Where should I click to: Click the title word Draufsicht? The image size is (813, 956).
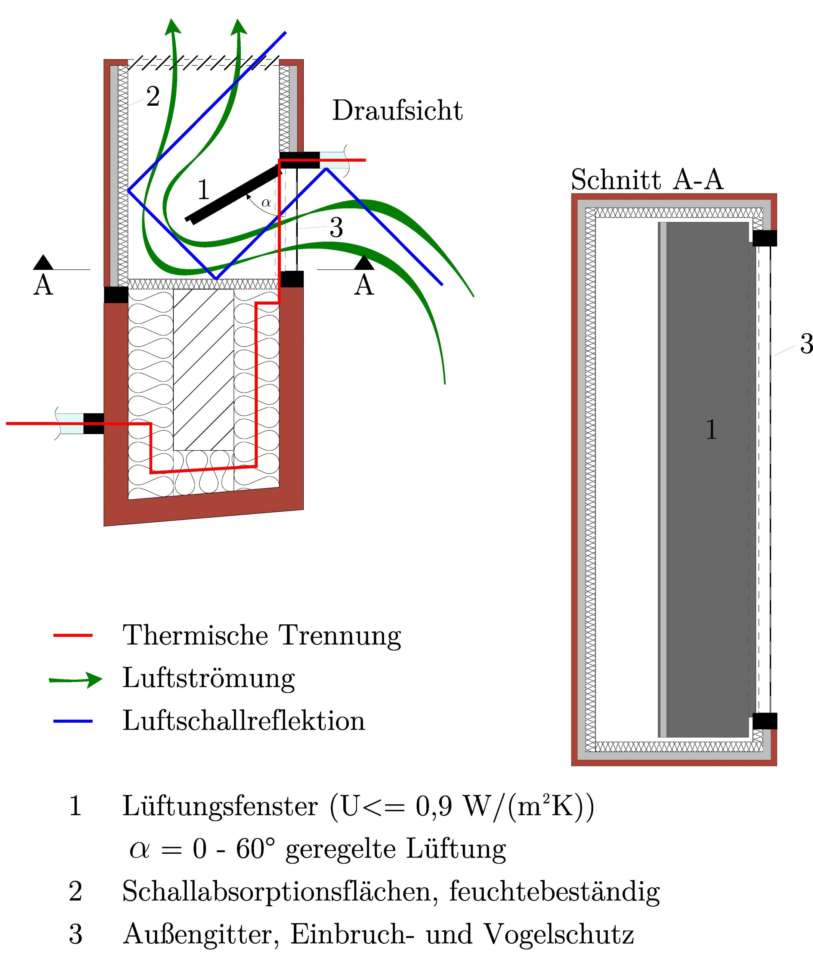(397, 111)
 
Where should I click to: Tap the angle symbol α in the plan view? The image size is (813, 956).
(266, 202)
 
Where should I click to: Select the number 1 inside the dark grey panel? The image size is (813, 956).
(712, 429)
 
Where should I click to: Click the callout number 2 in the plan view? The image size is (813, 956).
(153, 97)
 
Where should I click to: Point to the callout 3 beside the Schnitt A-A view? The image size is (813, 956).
(806, 344)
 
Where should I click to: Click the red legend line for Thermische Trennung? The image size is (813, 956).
(73, 635)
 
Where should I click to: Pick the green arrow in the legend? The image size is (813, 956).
(75, 680)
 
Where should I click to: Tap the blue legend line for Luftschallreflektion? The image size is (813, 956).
(73, 721)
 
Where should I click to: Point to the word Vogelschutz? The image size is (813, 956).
(559, 934)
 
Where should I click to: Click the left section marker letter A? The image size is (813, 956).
(43, 285)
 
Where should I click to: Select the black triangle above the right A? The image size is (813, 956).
(364, 262)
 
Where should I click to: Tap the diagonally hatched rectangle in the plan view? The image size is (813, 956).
(204, 369)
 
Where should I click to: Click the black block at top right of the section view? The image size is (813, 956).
(764, 238)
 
